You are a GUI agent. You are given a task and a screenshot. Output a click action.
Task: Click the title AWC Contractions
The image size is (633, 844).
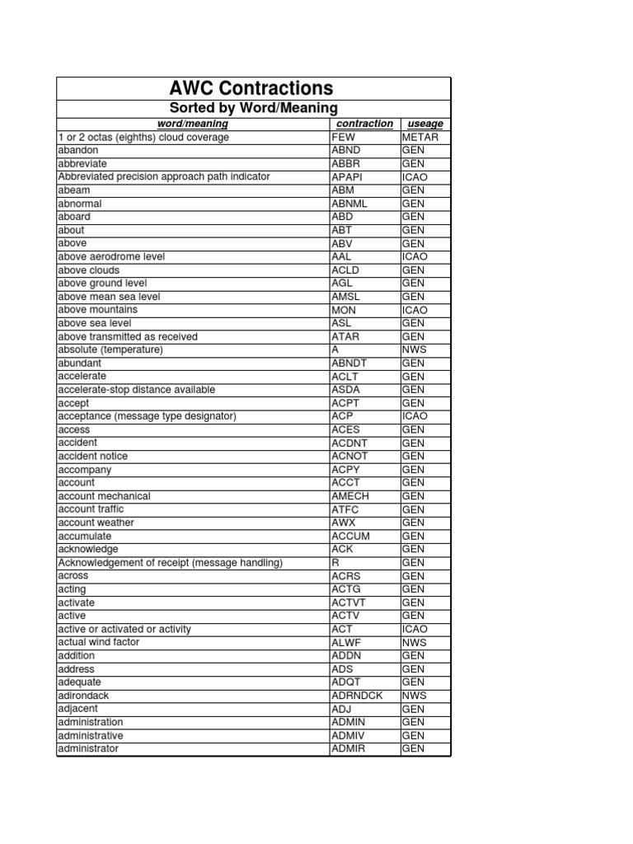point(253,88)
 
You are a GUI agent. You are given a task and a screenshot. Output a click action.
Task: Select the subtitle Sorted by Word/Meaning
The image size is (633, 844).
point(253,108)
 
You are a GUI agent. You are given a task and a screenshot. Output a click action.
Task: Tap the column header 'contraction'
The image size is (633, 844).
point(365,124)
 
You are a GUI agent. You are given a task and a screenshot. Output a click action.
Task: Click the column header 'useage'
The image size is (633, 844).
point(425,124)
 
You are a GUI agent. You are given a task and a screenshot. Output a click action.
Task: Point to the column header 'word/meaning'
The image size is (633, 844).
point(192,124)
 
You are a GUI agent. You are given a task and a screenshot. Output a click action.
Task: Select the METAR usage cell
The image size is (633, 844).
point(420,137)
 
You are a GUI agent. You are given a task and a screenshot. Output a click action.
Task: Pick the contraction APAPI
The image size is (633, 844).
point(346,177)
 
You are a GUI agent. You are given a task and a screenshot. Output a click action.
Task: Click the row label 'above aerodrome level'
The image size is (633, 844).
point(111,257)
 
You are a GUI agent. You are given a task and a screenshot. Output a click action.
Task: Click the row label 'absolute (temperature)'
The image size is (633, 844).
point(110,349)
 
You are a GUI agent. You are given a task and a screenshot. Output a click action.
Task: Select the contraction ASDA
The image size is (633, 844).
point(345,390)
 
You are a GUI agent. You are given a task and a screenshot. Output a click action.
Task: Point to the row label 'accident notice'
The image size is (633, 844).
point(93,456)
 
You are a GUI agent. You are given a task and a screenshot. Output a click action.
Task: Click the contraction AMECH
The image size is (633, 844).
point(349,496)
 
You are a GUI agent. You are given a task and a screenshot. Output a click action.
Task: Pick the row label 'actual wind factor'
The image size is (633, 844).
point(99,642)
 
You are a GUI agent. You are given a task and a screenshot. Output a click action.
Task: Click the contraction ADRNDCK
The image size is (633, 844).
point(357,696)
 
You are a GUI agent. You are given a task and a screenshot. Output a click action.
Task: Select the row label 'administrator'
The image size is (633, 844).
point(88,748)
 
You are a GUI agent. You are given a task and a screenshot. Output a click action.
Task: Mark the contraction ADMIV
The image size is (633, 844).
point(347,735)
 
